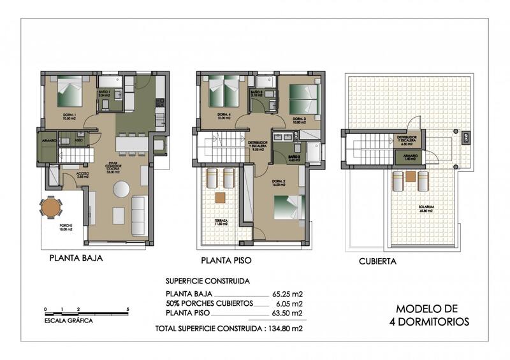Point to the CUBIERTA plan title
click(x=377, y=261)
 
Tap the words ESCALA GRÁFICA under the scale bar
click(x=69, y=320)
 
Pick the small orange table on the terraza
click(x=220, y=198)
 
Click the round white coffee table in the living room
click(x=120, y=189)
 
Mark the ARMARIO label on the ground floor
click(x=50, y=140)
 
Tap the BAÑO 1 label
click(x=105, y=92)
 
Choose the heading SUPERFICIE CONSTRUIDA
click(x=207, y=280)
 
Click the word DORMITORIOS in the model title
click(x=428, y=322)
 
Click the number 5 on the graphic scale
click(x=129, y=309)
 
